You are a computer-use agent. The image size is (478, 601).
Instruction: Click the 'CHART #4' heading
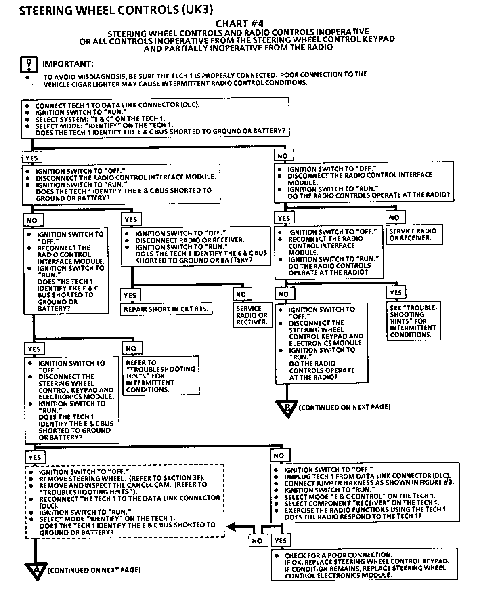[x=239, y=24]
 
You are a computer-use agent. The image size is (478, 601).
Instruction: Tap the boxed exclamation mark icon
[x=29, y=64]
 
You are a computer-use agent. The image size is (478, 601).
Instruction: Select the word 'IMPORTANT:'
[x=68, y=64]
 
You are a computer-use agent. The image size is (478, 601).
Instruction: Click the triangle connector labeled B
[x=287, y=408]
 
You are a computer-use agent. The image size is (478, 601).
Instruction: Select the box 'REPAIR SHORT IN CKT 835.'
[x=166, y=309]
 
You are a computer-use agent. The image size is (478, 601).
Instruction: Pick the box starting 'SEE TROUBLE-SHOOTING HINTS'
[x=413, y=321]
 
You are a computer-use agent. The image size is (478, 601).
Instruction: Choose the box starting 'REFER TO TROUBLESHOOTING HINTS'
[x=161, y=376]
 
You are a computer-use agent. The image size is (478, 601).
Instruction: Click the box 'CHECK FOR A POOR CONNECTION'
[x=365, y=565]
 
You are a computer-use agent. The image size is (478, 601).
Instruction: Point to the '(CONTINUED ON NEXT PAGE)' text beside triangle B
[x=344, y=407]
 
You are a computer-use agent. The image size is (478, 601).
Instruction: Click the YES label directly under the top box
[x=31, y=158]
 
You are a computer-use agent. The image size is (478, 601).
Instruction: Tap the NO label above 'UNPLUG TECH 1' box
[x=279, y=456]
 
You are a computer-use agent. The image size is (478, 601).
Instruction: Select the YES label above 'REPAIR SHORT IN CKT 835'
[x=130, y=295]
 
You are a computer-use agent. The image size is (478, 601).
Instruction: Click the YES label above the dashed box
[x=35, y=458]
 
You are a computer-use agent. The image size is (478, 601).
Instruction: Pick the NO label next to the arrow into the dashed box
[x=257, y=541]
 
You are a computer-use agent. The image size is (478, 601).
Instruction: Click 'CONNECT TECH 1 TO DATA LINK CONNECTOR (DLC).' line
[x=117, y=105]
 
